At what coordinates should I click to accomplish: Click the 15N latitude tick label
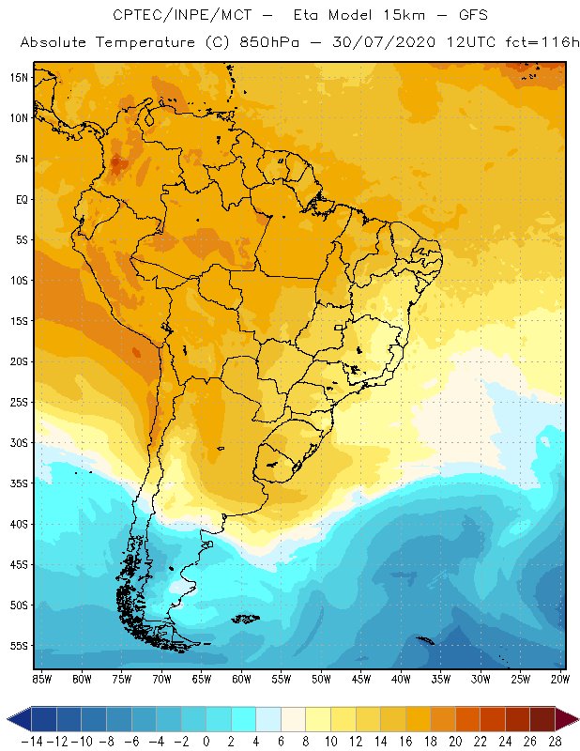(18, 77)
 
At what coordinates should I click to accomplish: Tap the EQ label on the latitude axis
(19, 199)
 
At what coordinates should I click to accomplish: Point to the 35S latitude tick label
(18, 483)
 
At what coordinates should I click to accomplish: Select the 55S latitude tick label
(18, 646)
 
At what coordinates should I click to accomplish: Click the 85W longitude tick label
(41, 679)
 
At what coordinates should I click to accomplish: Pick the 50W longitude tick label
(322, 679)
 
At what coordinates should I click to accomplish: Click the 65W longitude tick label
(202, 679)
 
